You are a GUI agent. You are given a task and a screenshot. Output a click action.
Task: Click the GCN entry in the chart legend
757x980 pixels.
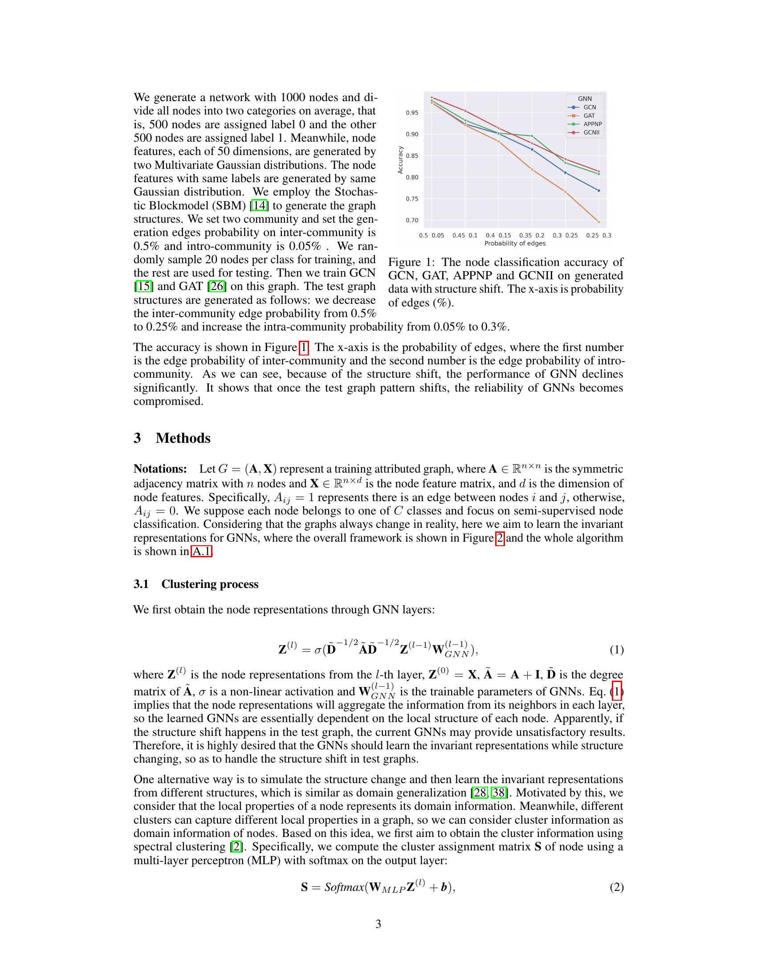click(x=589, y=107)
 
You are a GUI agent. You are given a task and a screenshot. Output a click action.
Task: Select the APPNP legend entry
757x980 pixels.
click(x=592, y=124)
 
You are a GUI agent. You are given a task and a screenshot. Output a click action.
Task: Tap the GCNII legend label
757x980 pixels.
click(x=591, y=133)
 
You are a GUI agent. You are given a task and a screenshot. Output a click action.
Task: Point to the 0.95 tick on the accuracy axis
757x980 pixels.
click(x=412, y=113)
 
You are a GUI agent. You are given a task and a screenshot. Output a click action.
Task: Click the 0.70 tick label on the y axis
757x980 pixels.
click(x=412, y=220)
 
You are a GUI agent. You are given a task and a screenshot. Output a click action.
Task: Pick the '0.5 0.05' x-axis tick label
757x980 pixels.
click(x=431, y=235)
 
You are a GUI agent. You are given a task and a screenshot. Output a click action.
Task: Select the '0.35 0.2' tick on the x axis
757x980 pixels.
click(x=532, y=235)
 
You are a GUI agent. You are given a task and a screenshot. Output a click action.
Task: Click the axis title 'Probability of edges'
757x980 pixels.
click(x=515, y=244)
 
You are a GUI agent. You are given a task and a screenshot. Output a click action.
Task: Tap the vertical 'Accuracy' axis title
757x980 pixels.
click(x=400, y=160)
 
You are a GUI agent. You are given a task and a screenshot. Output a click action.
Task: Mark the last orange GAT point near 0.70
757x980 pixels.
click(x=598, y=222)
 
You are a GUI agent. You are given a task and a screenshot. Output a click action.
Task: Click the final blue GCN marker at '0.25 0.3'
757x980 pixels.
click(x=598, y=191)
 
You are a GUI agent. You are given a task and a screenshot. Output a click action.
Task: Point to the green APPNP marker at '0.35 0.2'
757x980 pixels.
click(x=532, y=136)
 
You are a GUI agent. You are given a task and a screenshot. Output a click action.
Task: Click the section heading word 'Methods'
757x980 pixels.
click(x=183, y=438)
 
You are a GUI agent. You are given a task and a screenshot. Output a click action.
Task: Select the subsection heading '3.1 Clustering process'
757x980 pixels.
click(x=196, y=584)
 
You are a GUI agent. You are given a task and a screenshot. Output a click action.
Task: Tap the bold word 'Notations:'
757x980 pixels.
click(x=160, y=469)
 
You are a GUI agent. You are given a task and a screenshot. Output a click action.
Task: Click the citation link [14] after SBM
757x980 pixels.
click(x=259, y=205)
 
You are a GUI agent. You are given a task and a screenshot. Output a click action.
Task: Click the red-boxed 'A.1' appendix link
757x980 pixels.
click(x=201, y=551)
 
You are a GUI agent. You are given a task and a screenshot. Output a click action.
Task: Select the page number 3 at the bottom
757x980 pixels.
click(x=378, y=924)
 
